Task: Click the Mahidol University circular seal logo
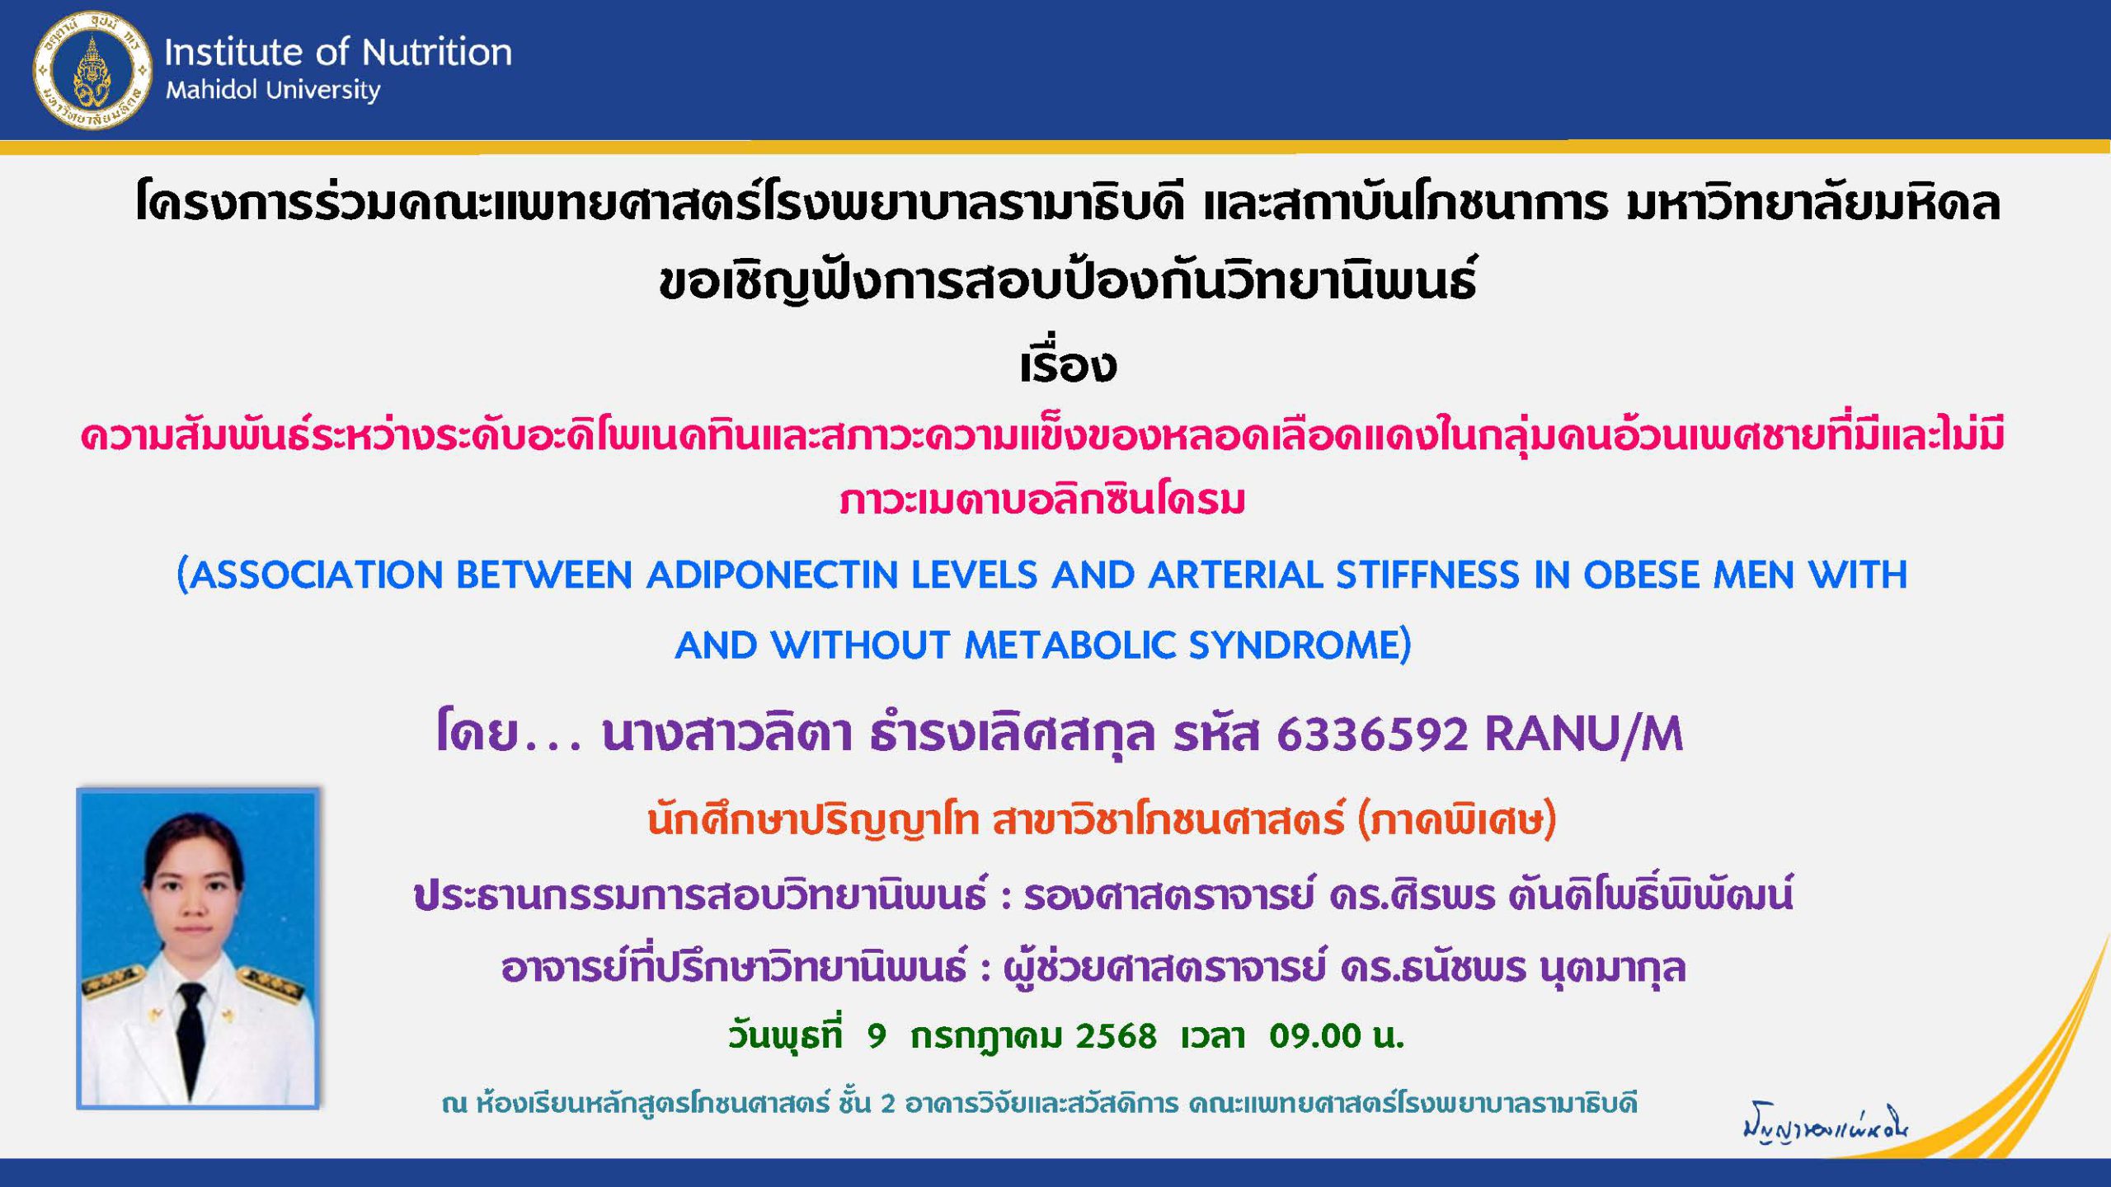pos(92,71)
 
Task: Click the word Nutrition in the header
pos(437,52)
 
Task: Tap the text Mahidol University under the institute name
pos(273,91)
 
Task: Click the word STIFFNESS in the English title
pos(1427,575)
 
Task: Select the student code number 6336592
pos(1372,734)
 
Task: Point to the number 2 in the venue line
pos(887,1103)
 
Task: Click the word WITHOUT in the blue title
pos(860,645)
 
